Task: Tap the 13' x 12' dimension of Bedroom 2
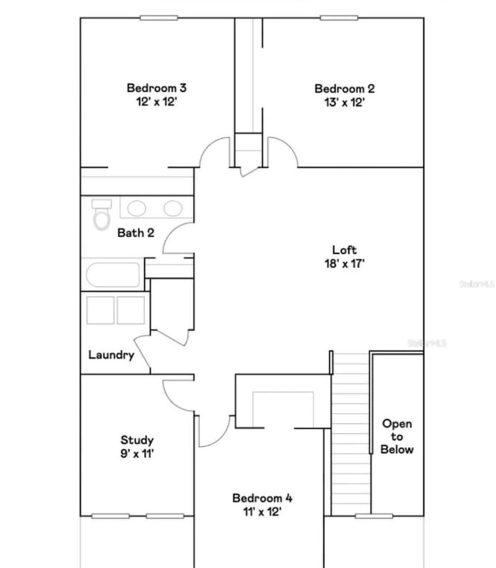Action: pos(344,102)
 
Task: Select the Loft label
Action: pos(344,250)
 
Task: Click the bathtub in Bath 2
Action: pos(113,275)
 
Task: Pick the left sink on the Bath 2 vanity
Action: pos(137,207)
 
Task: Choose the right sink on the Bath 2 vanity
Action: pos(173,207)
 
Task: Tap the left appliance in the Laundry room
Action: pos(100,310)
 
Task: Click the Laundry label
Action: pos(111,355)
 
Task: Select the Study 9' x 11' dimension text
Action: pos(137,453)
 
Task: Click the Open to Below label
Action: pos(397,436)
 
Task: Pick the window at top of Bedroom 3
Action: pos(159,18)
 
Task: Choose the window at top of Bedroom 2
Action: pos(339,18)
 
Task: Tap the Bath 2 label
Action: pos(135,233)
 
